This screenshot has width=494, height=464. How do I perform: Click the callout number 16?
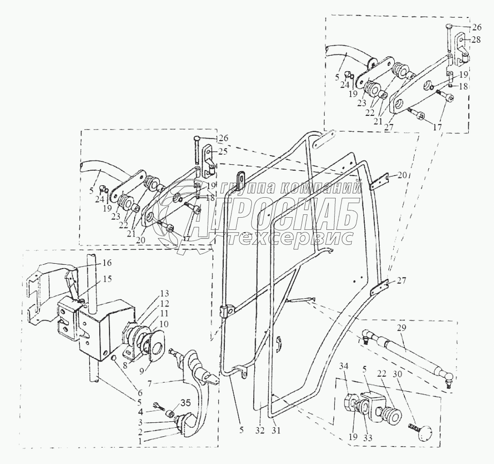point(107,263)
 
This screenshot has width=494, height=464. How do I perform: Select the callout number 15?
point(107,279)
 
